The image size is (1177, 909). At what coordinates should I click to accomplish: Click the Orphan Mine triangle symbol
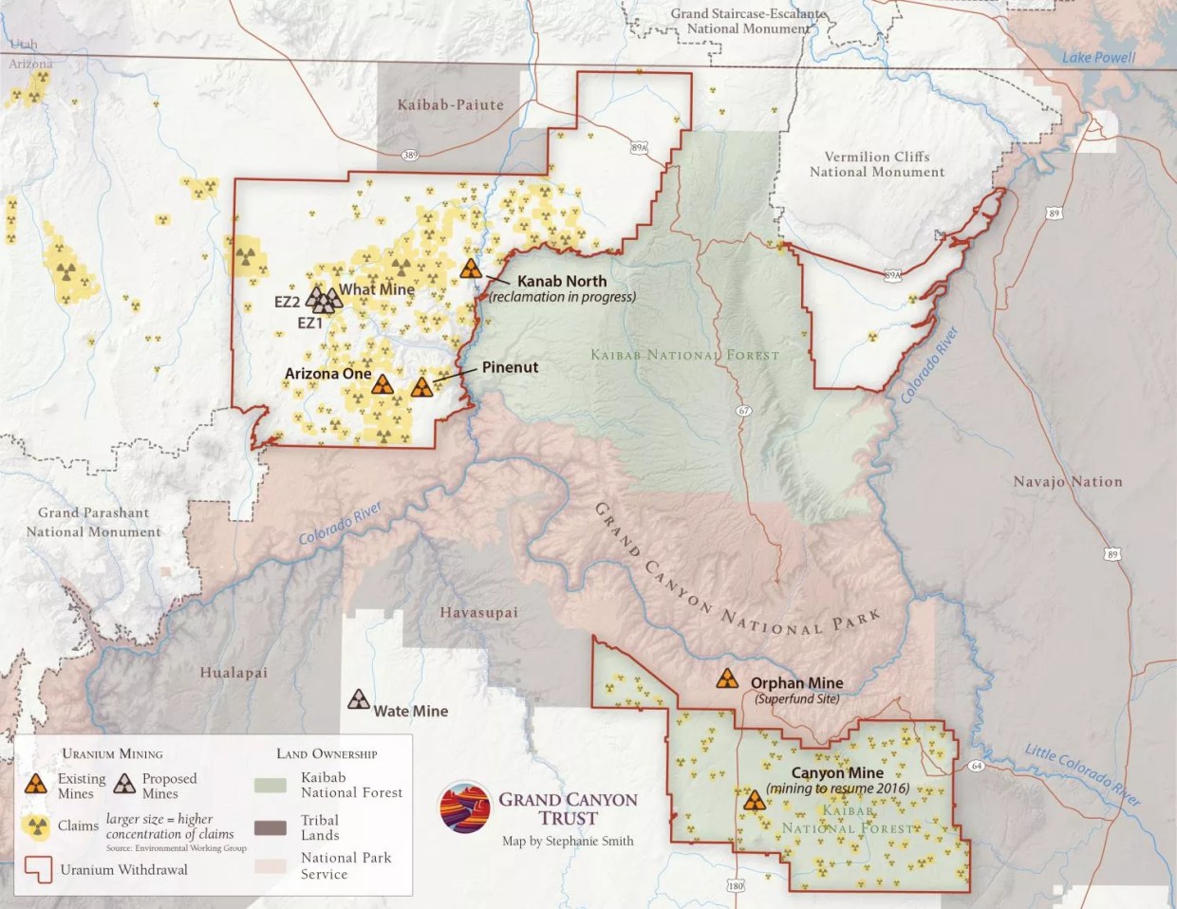[726, 678]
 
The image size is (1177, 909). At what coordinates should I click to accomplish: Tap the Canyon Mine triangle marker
[755, 801]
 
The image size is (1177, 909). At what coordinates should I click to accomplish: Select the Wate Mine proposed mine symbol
[359, 700]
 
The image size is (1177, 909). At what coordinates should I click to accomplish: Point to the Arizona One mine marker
[383, 384]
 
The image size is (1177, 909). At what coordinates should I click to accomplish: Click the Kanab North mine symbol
[471, 269]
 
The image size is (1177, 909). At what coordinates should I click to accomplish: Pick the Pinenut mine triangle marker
[422, 387]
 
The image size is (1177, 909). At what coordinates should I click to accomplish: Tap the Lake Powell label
[1098, 57]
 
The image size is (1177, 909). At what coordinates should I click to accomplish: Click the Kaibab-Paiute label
[450, 104]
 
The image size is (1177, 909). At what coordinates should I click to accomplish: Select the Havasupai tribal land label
[478, 613]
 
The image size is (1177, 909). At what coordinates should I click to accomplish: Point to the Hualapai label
[234, 673]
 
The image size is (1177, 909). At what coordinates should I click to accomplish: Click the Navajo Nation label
[1067, 482]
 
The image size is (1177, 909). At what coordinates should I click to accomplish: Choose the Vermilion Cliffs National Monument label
[876, 164]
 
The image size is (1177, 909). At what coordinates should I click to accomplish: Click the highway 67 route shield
[743, 411]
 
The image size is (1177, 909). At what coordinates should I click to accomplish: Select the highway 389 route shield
[409, 155]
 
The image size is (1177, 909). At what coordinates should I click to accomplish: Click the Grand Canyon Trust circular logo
[465, 808]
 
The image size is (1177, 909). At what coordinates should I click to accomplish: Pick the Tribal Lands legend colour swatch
[271, 827]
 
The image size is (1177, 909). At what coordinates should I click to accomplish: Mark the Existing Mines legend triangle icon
[36, 784]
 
